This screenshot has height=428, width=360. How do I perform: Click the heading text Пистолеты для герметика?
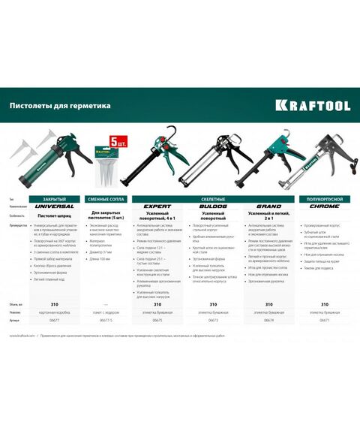(60, 106)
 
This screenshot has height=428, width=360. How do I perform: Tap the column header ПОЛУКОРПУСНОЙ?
(323, 199)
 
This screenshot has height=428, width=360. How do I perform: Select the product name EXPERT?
(157, 206)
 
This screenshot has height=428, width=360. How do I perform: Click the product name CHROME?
(323, 206)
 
